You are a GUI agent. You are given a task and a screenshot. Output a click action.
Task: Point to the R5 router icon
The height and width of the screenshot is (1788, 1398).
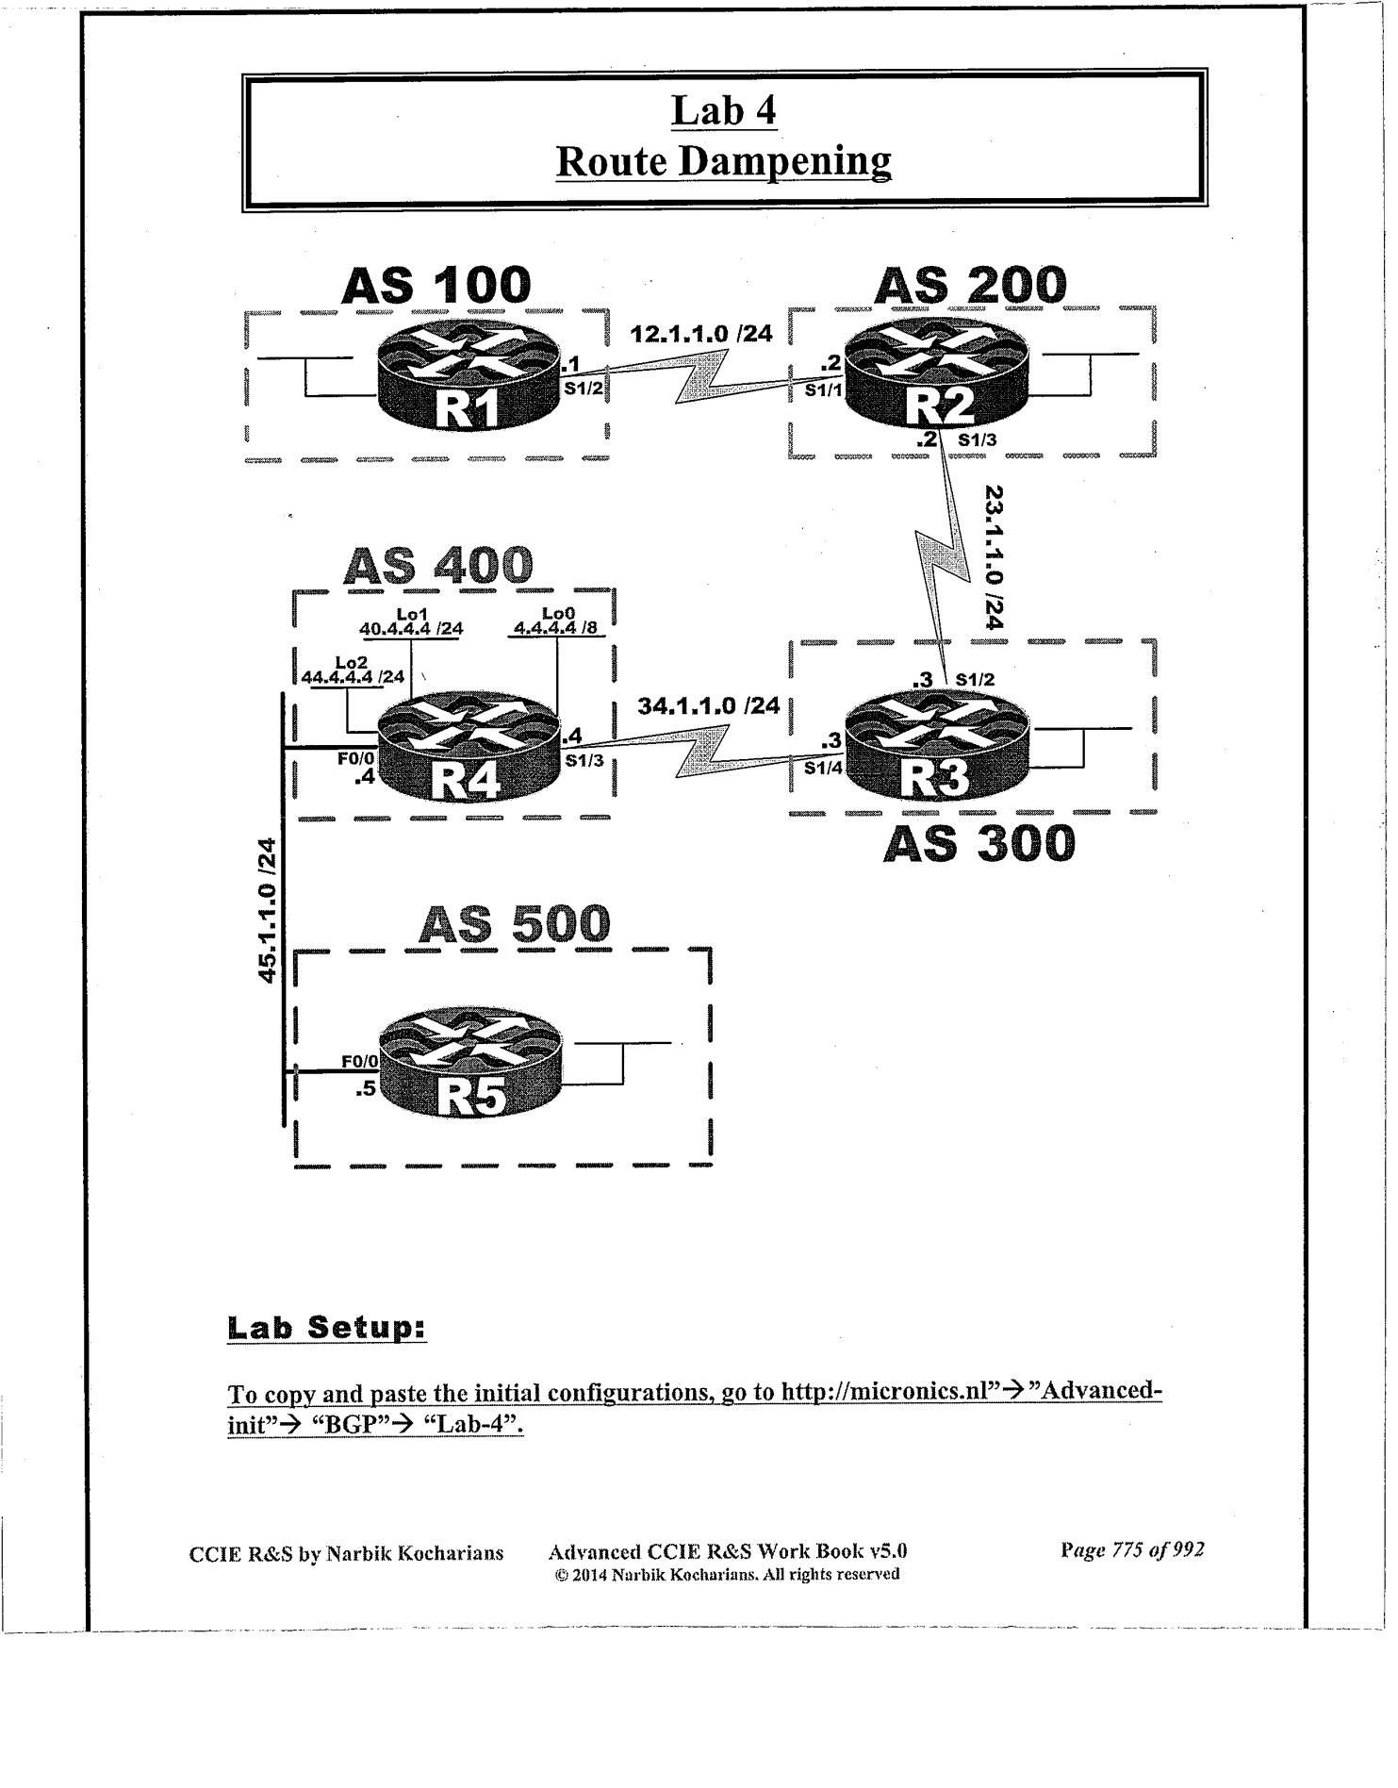click(469, 1064)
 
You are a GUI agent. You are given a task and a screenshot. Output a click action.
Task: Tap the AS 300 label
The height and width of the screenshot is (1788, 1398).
click(979, 843)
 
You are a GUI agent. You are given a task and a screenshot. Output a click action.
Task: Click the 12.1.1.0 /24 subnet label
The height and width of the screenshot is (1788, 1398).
click(700, 333)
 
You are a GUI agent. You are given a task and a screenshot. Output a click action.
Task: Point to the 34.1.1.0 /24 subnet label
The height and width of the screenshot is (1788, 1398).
click(708, 705)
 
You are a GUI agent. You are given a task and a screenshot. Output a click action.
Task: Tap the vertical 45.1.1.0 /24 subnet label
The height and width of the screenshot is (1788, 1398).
click(270, 910)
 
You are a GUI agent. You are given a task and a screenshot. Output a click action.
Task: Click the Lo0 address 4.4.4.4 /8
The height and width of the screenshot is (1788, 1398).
click(555, 628)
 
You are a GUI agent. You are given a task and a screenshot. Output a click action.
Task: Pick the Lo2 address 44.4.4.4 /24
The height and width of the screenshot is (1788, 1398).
click(353, 676)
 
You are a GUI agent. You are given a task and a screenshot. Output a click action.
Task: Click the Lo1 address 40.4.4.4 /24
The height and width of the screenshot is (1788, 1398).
click(411, 628)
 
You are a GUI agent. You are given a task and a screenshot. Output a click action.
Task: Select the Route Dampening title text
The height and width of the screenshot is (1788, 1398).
click(723, 161)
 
